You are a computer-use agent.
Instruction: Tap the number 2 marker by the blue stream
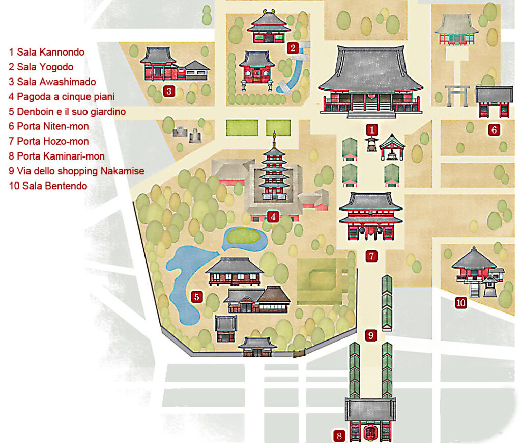[292, 48]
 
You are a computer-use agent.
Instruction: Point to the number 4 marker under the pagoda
[273, 217]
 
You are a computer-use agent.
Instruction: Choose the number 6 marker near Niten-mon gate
[494, 130]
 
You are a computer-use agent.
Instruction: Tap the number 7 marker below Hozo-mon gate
[372, 256]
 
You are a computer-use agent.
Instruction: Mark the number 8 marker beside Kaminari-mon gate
[339, 436]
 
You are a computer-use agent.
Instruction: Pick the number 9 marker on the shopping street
[371, 335]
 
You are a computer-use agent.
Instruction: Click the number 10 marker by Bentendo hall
[460, 303]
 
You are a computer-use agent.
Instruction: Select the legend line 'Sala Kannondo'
[46, 52]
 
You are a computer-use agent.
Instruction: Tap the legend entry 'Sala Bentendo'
[47, 186]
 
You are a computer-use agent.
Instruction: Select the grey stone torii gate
[457, 95]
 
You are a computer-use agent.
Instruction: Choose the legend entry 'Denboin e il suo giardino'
[67, 112]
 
